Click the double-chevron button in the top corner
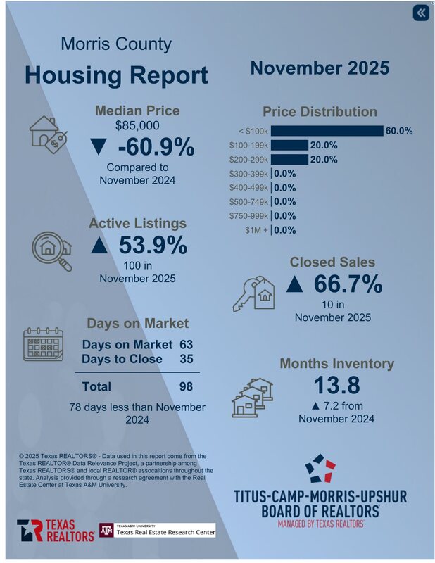pyautogui.click(x=420, y=13)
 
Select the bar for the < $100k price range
pyautogui.click(x=327, y=131)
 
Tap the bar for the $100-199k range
pyautogui.click(x=289, y=145)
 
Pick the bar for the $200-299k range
pyautogui.click(x=289, y=159)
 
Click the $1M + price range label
pyautogui.click(x=256, y=230)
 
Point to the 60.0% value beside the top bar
pyautogui.click(x=398, y=131)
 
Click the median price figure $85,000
pyautogui.click(x=137, y=126)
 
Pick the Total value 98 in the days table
pyautogui.click(x=186, y=386)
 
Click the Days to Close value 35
pyautogui.click(x=186, y=359)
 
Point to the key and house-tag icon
pyautogui.click(x=253, y=293)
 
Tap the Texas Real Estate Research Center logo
pyautogui.click(x=157, y=529)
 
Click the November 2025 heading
pyautogui.click(x=320, y=68)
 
